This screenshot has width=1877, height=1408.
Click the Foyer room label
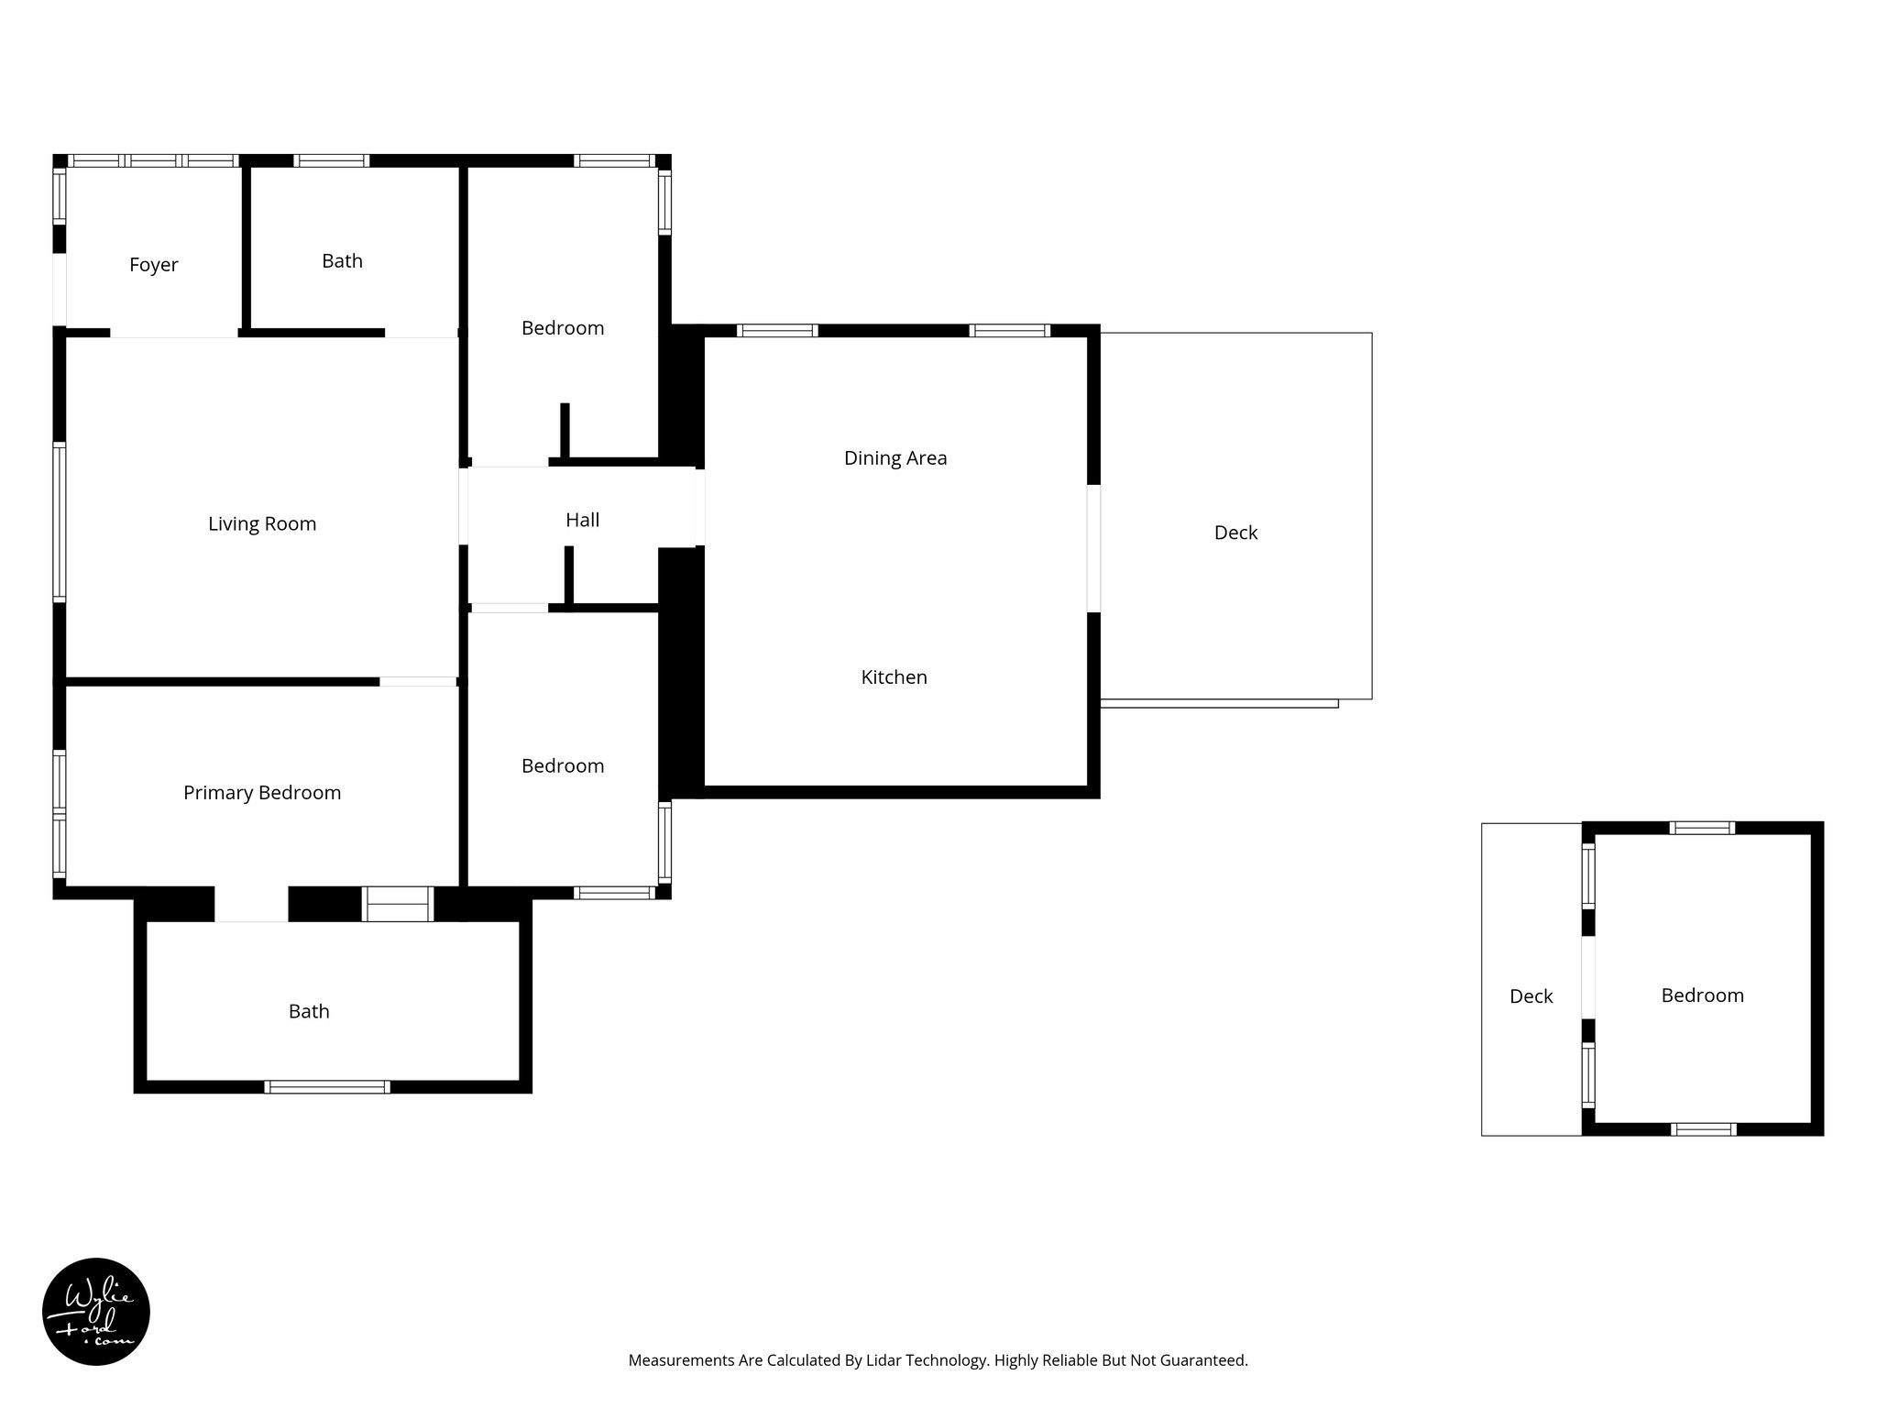tap(153, 265)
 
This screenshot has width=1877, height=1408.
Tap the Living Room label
tap(262, 524)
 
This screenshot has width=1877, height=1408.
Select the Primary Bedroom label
tap(262, 793)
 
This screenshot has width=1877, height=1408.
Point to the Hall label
tap(582, 521)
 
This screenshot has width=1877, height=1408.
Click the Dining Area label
tap(895, 458)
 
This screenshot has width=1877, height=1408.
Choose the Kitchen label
tap(894, 677)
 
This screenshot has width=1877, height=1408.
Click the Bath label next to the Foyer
tap(342, 261)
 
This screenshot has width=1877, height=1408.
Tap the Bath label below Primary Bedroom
tap(309, 1011)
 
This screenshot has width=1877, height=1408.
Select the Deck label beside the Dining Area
tap(1235, 533)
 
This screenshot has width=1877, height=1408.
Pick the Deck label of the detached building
tap(1531, 996)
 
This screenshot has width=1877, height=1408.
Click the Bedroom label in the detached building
tap(1702, 995)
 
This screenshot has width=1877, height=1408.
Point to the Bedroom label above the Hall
tap(563, 328)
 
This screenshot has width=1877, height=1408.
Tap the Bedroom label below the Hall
tap(563, 766)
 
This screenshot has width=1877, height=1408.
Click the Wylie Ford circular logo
tap(96, 1312)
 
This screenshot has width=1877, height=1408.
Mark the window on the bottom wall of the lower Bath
tap(327, 1087)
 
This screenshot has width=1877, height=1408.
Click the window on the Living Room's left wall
tap(60, 522)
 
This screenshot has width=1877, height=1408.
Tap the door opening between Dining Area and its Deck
tap(1093, 548)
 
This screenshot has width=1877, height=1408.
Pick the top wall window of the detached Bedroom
tap(1702, 828)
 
